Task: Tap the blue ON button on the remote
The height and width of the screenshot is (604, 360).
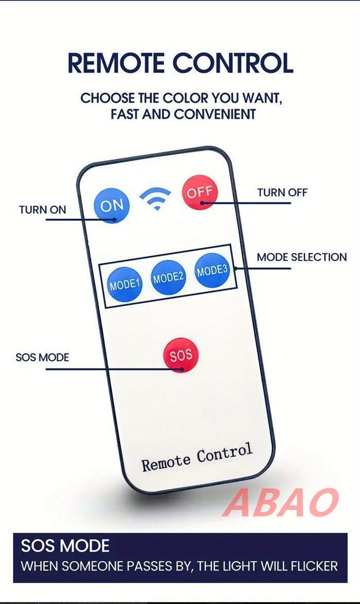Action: [x=112, y=205]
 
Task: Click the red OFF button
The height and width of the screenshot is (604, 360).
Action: [x=200, y=192]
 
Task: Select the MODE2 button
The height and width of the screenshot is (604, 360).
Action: [x=168, y=277]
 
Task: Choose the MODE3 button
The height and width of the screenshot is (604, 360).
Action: [x=212, y=271]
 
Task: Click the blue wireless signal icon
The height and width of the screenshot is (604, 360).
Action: [x=155, y=198]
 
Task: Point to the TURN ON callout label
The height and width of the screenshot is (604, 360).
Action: [x=43, y=210]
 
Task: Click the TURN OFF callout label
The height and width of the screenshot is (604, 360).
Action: [x=282, y=192]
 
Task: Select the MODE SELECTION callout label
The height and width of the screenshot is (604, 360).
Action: [x=302, y=257]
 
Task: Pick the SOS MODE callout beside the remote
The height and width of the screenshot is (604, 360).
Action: [x=42, y=358]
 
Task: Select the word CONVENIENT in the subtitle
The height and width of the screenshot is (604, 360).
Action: [x=215, y=114]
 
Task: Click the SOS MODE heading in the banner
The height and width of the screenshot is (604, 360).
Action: [x=65, y=546]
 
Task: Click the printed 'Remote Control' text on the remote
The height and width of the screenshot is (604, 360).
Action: [x=197, y=457]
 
